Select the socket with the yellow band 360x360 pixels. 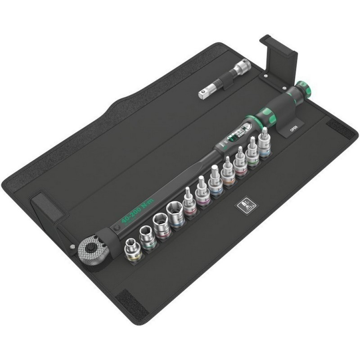[133, 250]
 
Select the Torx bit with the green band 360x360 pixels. [252, 157]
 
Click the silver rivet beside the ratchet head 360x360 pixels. [72, 247]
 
